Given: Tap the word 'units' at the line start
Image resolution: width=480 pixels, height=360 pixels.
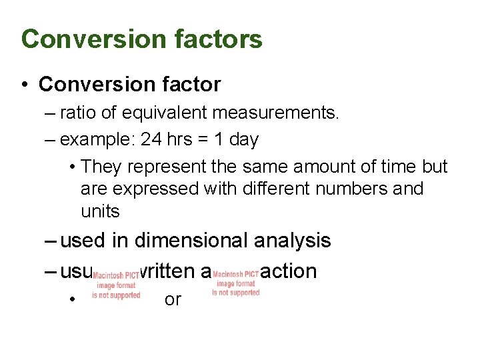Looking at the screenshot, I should pyautogui.click(x=100, y=211).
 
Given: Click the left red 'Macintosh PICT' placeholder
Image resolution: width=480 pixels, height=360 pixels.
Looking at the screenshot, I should pyautogui.click(x=116, y=285).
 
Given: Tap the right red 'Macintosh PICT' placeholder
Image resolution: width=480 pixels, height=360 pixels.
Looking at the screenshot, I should pyautogui.click(x=235, y=283).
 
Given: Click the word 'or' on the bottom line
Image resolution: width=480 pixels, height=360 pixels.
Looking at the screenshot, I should pyautogui.click(x=173, y=300).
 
